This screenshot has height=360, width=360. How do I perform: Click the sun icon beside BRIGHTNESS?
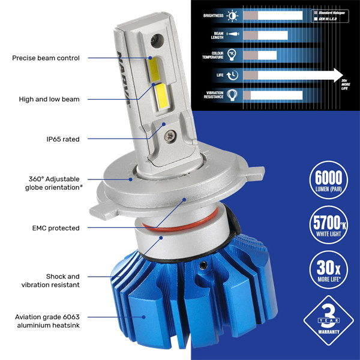[x=233, y=16]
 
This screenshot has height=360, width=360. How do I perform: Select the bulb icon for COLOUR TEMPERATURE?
[x=233, y=55]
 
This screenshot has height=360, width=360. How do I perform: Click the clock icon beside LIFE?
[x=233, y=75]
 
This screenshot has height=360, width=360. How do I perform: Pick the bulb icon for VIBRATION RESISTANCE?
[x=233, y=95]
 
